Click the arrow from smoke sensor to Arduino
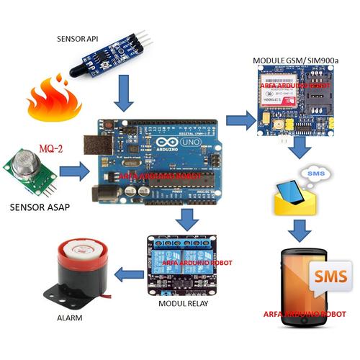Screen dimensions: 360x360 point(73,172)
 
